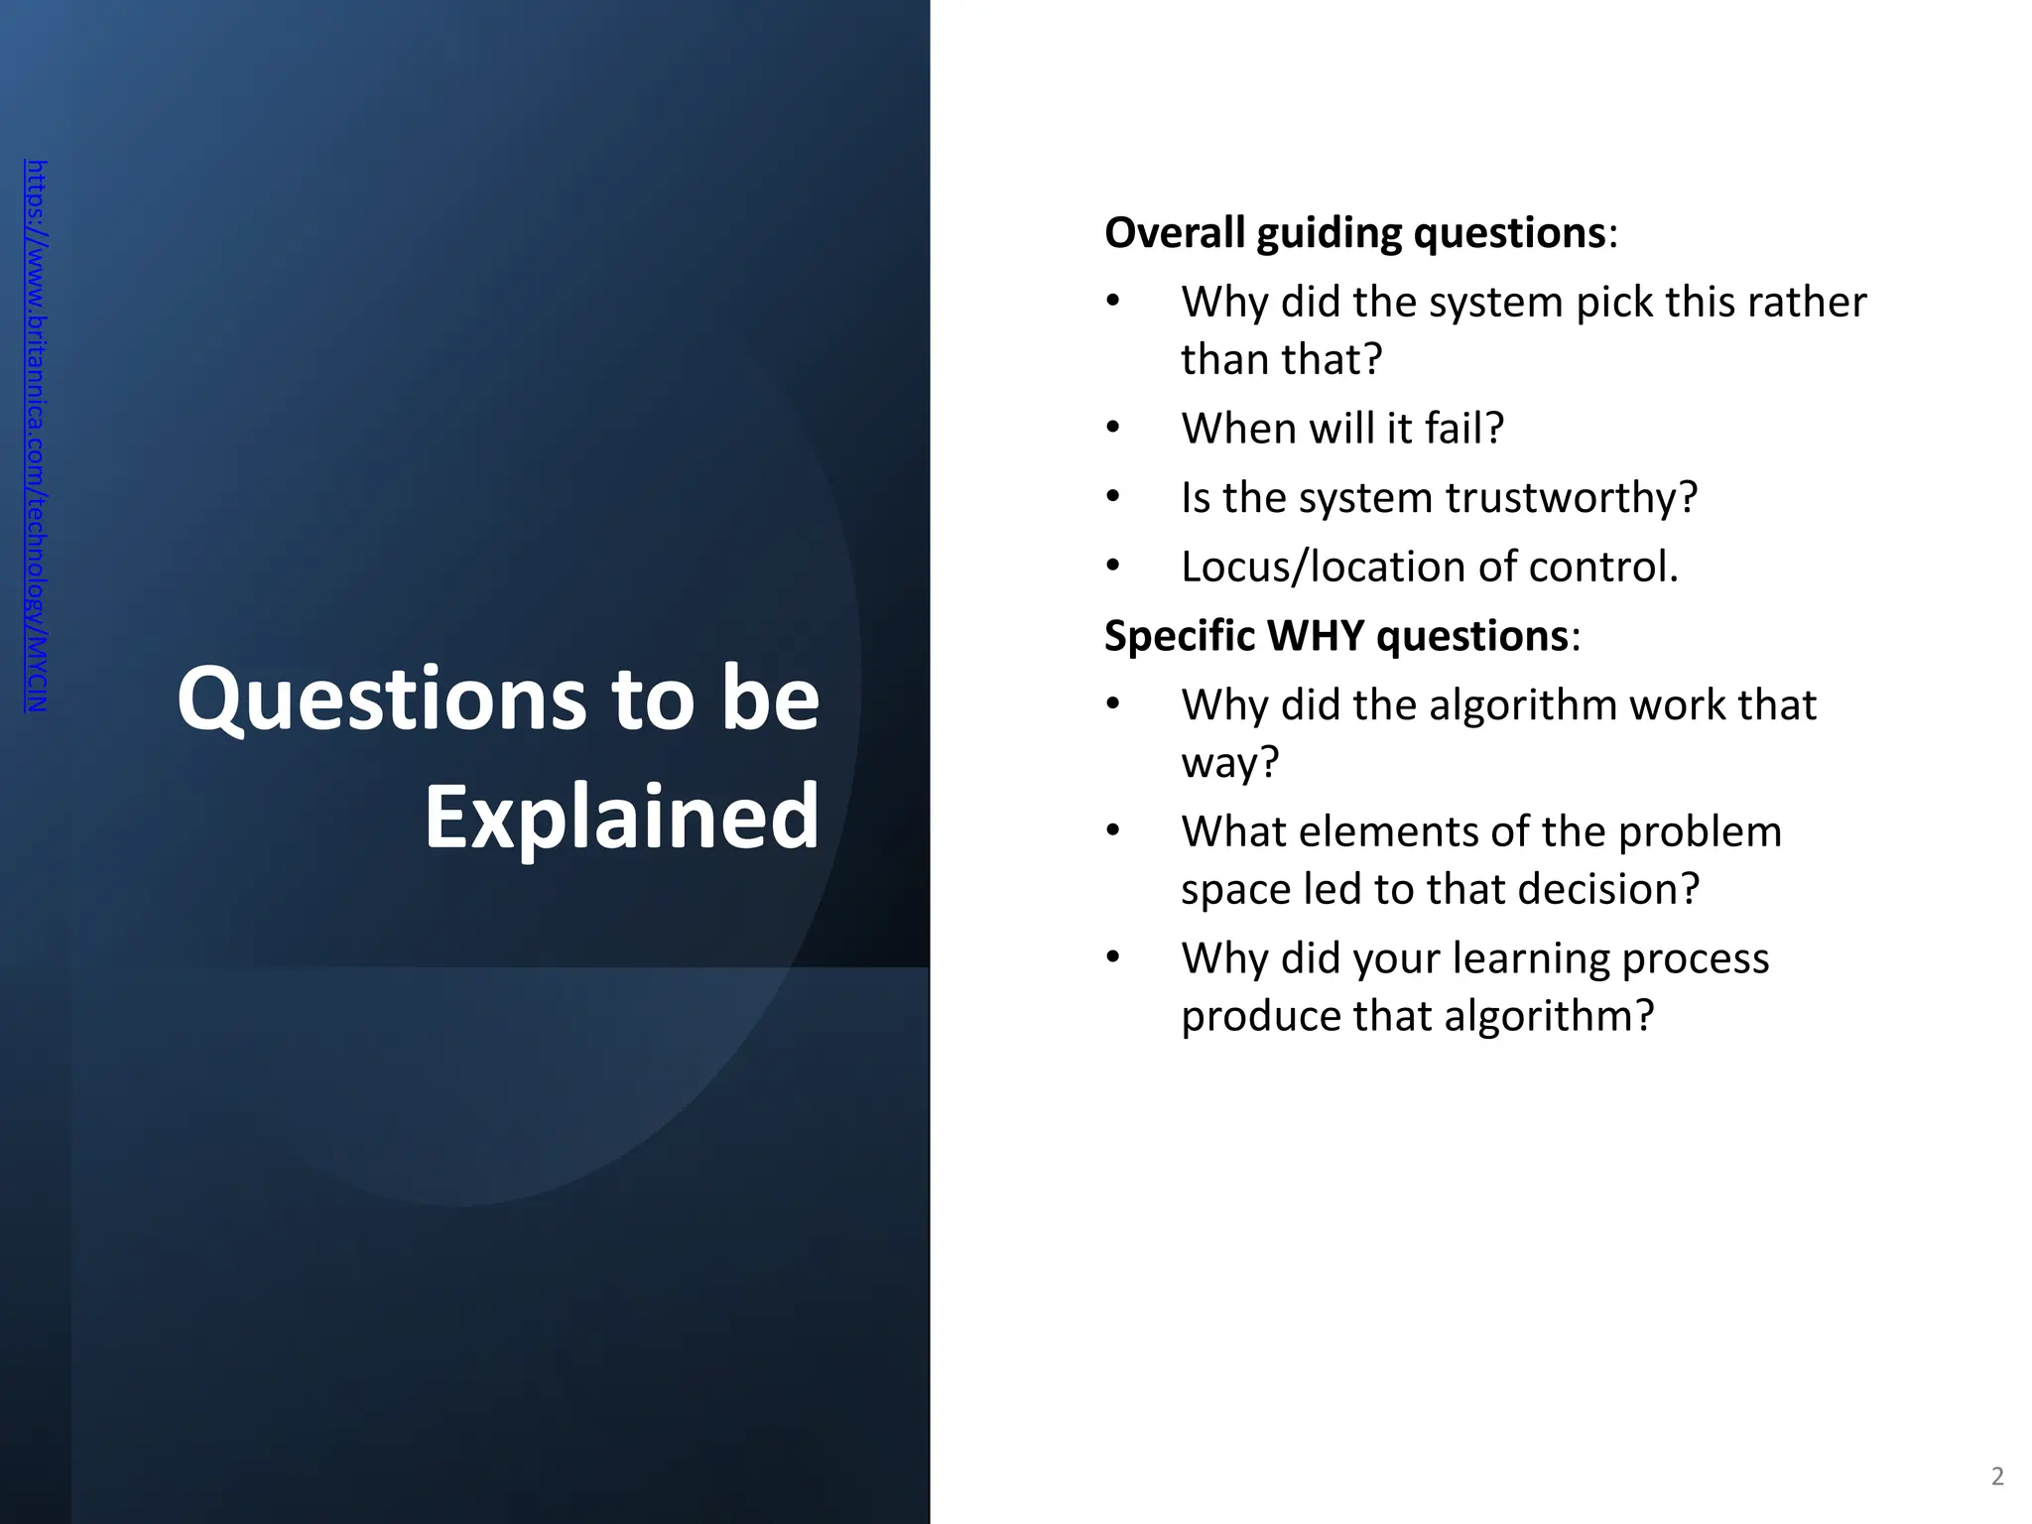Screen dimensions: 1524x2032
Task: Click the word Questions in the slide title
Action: point(382,700)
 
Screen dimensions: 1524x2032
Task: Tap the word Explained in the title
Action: point(622,817)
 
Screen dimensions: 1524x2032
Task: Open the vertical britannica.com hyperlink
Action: point(36,437)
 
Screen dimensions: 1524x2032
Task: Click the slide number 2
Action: point(1997,1476)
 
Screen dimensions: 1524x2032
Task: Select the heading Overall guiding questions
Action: point(1355,233)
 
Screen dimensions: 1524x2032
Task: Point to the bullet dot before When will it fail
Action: point(1113,429)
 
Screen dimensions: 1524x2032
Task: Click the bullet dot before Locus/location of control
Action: point(1113,567)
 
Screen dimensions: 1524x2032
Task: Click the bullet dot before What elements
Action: point(1113,831)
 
